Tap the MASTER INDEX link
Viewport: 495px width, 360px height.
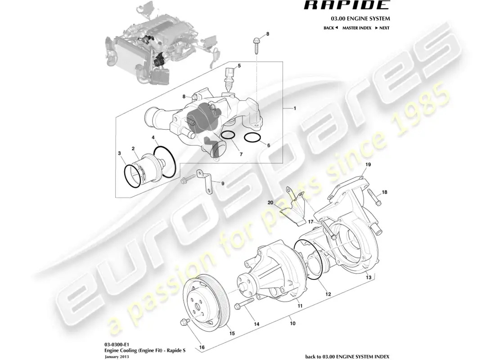pos(356,28)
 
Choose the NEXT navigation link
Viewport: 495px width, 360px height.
pos(382,28)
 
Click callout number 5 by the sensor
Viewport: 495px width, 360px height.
pos(239,66)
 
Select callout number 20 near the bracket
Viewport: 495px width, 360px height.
pos(270,202)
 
